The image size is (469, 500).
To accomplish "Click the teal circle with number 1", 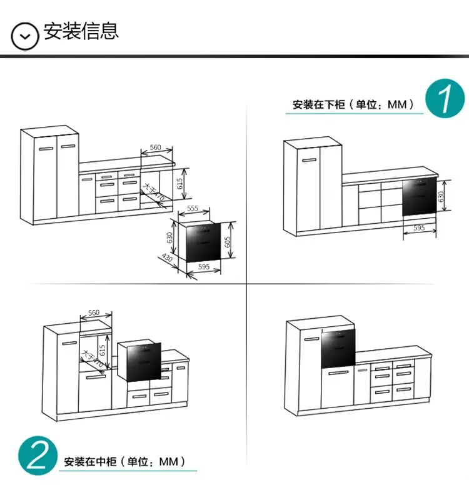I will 445,99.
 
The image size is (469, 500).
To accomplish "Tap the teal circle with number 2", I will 38,456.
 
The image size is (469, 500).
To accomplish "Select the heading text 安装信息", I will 81,31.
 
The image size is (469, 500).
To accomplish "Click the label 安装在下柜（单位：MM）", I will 353,105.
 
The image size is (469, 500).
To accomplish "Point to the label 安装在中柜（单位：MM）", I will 124,462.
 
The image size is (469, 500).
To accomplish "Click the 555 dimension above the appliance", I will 193,208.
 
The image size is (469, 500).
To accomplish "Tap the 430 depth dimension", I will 168,258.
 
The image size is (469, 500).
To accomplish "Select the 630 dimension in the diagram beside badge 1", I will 441,196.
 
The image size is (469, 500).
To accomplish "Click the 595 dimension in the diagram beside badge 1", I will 418,228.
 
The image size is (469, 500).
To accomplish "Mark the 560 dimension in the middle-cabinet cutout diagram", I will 94,312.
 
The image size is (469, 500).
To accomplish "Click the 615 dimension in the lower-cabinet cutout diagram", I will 180,183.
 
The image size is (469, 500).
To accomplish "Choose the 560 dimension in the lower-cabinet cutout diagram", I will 156,147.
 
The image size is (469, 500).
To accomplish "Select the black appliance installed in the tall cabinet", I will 338,349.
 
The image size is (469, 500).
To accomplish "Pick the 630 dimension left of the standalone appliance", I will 169,238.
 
